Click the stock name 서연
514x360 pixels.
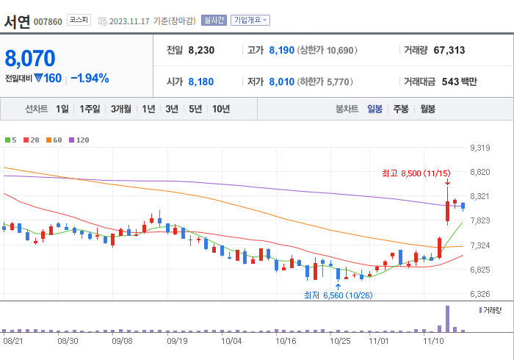coord(17,21)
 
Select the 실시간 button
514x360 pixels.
coord(213,21)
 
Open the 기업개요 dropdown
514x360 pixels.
coord(250,21)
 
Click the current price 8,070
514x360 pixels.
coord(30,57)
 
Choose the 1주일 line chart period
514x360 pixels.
coord(90,109)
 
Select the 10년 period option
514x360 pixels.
coord(220,109)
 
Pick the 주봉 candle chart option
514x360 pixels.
coord(401,109)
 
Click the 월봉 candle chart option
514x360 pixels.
coord(427,109)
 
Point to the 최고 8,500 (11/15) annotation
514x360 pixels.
coord(415,173)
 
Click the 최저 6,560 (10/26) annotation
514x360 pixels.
coord(339,295)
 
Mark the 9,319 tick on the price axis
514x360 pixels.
coord(479,148)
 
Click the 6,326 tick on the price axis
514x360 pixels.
coord(479,294)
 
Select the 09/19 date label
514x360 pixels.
coord(177,341)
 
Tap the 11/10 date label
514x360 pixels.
coord(432,341)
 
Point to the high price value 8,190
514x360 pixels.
coord(283,51)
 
